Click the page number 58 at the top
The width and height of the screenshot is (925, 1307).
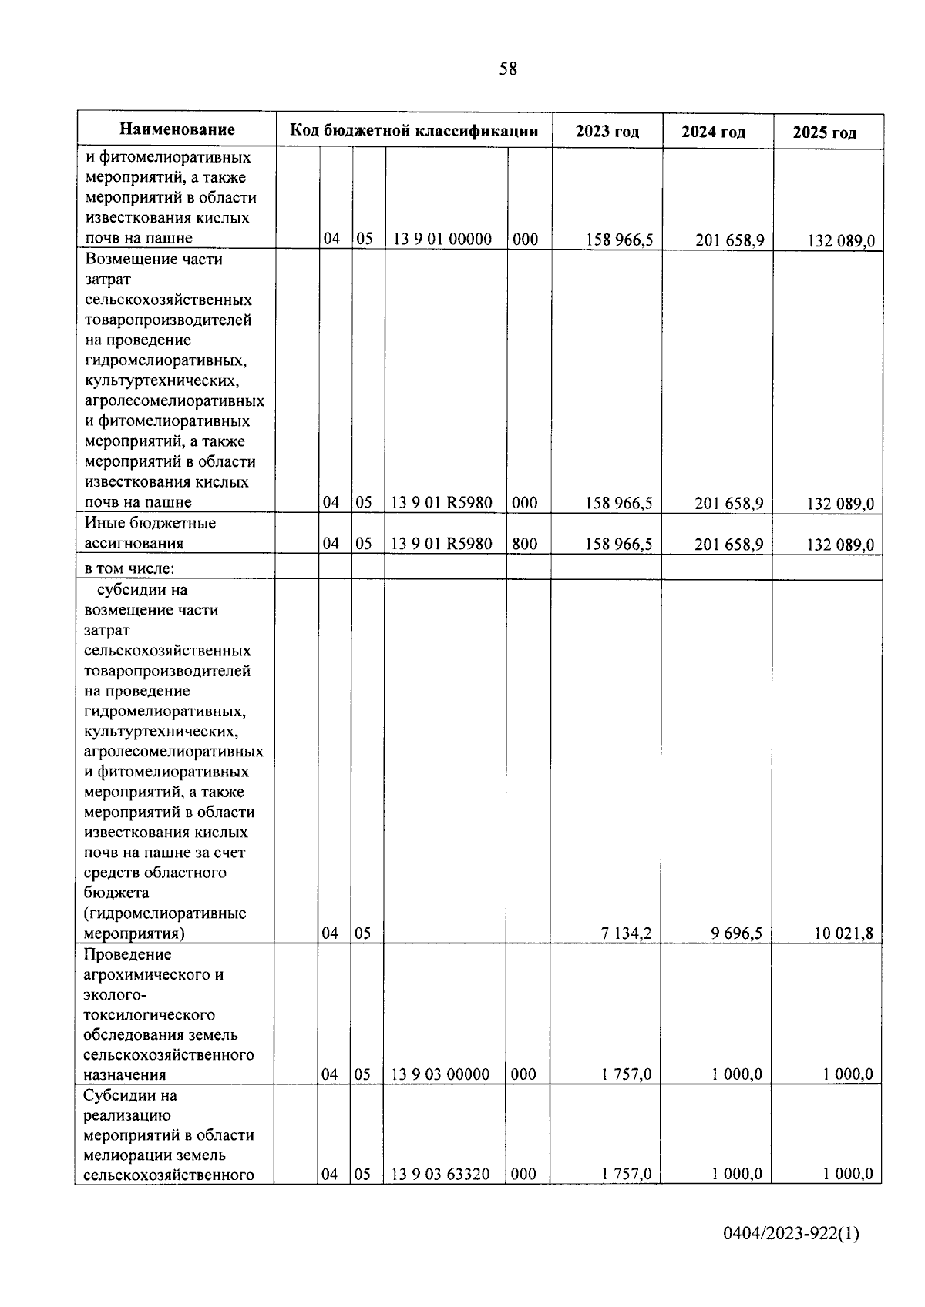508,69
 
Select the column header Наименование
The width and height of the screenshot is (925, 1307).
177,129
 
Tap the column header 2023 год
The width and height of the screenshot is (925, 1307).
607,132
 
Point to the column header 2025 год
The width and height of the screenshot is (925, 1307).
825,133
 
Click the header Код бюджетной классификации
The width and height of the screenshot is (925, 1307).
414,131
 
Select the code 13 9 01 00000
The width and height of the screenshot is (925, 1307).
442,239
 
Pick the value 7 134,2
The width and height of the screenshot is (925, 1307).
627,933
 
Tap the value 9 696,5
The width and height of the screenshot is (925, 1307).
737,933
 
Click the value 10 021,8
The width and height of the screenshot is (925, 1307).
844,934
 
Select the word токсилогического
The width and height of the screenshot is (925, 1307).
149,1015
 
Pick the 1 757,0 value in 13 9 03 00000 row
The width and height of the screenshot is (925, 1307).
627,1074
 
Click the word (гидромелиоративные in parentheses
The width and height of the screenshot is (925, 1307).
165,913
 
